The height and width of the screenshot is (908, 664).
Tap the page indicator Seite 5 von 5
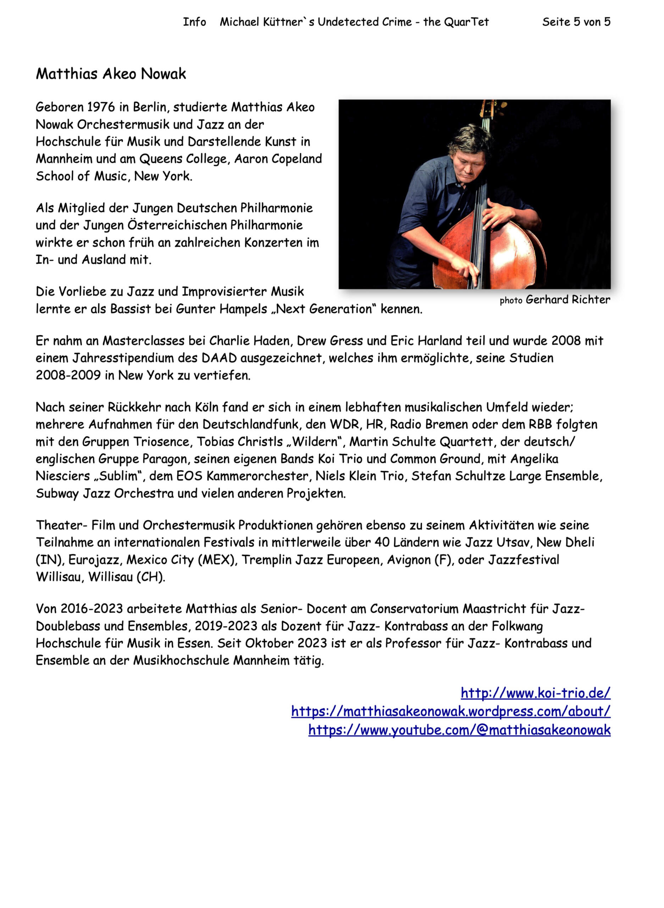point(576,22)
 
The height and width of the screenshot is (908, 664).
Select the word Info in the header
point(194,22)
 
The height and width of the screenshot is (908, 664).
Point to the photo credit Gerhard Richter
point(568,299)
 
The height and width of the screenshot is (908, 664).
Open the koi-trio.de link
point(535,693)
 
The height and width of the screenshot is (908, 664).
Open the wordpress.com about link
point(450,711)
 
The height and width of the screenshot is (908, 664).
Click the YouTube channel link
point(459,730)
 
